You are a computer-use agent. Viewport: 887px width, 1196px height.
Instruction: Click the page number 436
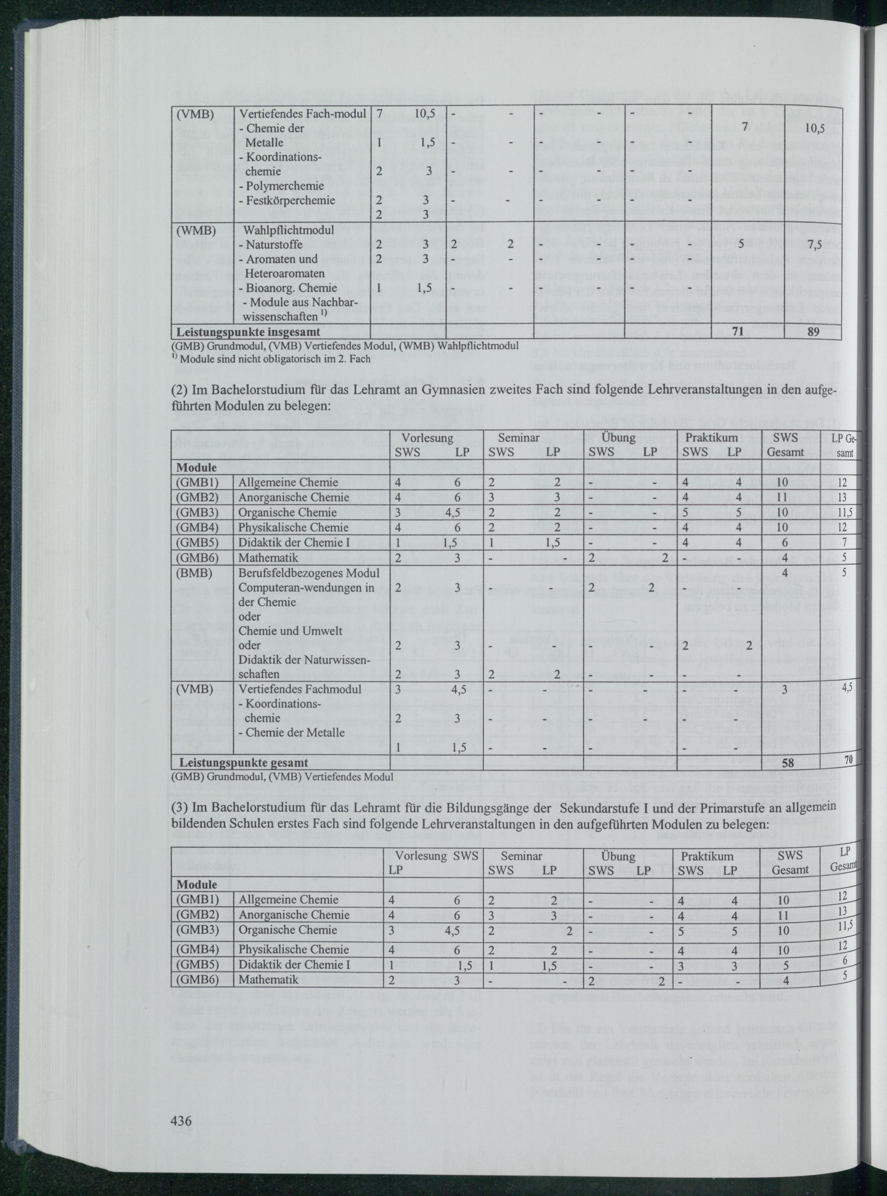[x=181, y=1120]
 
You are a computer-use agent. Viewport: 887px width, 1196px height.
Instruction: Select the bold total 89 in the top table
[x=813, y=331]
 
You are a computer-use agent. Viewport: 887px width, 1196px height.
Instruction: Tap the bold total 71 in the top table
[x=738, y=331]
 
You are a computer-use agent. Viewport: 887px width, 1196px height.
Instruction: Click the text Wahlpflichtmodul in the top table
[x=289, y=230]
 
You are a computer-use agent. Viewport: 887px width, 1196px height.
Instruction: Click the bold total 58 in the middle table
[x=788, y=762]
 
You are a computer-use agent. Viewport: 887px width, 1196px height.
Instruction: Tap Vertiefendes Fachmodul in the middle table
[x=300, y=689]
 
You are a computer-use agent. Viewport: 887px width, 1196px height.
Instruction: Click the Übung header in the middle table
[x=619, y=438]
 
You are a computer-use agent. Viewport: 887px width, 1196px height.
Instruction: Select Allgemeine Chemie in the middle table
[x=288, y=482]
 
